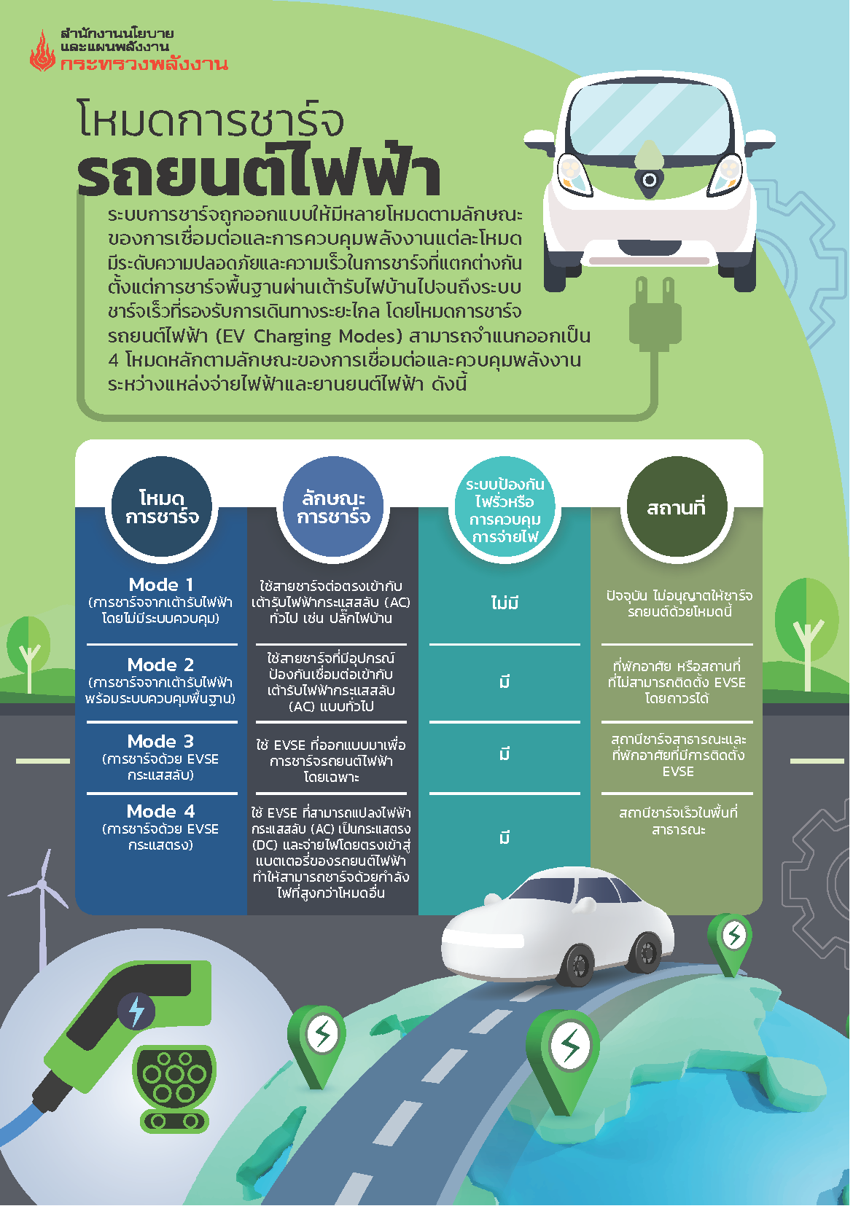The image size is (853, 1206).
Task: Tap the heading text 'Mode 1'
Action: click(161, 585)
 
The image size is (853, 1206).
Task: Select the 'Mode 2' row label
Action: click(161, 665)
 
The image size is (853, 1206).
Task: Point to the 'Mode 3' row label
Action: click(161, 742)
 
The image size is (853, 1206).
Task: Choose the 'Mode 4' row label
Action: click(161, 812)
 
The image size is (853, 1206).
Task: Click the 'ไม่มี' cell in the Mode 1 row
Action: click(505, 603)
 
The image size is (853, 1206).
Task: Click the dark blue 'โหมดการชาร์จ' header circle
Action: click(161, 508)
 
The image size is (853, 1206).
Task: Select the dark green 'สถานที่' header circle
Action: click(677, 508)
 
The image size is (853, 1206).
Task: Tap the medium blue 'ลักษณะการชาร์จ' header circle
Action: click(333, 508)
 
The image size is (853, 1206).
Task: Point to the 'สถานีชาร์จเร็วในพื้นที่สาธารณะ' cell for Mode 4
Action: click(677, 821)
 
